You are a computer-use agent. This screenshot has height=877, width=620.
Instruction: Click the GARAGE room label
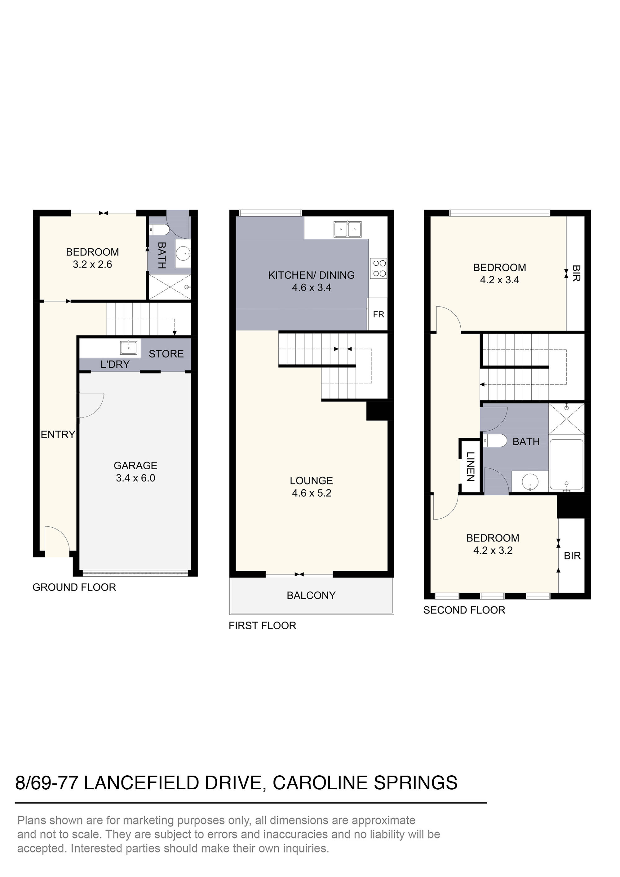[135, 466]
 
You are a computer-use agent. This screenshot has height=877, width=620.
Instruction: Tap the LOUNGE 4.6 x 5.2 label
[311, 487]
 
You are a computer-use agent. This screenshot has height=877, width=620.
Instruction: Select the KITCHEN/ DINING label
[311, 275]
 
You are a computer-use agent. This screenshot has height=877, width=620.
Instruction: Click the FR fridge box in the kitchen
[378, 314]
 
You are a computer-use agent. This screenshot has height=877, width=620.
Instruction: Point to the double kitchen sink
[347, 230]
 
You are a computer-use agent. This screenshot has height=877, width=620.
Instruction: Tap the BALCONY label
[311, 596]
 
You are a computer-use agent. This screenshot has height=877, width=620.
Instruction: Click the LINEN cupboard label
[470, 466]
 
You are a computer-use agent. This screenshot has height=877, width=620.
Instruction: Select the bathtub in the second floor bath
[566, 464]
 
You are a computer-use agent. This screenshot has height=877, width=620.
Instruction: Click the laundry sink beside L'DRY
[129, 348]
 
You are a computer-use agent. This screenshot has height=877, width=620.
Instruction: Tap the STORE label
[166, 354]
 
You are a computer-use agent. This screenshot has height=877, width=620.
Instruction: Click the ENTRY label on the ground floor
[58, 434]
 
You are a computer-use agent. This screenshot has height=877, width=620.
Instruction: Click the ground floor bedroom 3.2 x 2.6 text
[92, 264]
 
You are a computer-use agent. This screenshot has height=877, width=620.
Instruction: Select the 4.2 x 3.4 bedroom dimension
[499, 280]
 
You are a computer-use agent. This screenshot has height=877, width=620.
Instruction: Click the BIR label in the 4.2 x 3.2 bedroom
[572, 556]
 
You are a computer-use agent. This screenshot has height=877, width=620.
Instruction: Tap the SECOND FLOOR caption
[464, 610]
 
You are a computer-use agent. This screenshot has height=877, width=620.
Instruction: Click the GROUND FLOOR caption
[74, 587]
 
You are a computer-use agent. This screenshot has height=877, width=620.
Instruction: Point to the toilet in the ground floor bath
[160, 230]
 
